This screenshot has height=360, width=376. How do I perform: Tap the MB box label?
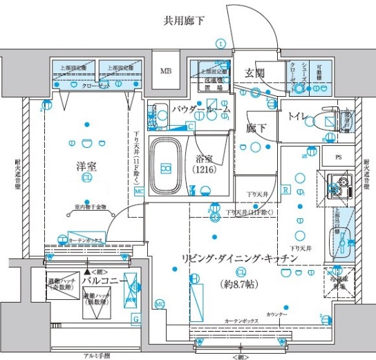[167, 71]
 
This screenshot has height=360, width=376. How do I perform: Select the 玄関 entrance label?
[254, 74]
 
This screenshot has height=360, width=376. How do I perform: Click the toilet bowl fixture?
[326, 118]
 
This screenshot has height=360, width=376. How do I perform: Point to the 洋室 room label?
[87, 166]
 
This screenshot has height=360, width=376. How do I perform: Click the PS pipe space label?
[337, 158]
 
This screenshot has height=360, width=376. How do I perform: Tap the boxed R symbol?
[285, 189]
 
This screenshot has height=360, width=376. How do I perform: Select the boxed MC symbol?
[139, 190]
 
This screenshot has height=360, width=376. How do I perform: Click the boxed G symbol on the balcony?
[135, 318]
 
